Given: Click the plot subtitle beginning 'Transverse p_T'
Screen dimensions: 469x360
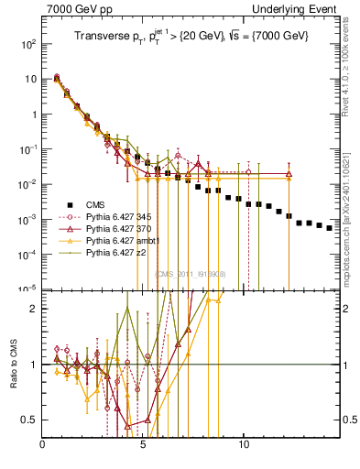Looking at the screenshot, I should pos(191,37).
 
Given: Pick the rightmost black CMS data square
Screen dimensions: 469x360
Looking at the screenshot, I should pos(330,228).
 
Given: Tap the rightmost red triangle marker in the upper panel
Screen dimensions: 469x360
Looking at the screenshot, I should pos(289,173).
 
